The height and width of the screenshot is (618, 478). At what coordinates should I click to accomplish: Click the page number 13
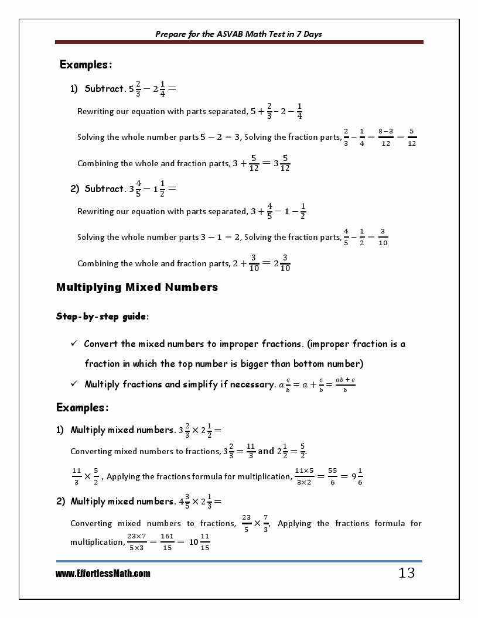pyautogui.click(x=407, y=573)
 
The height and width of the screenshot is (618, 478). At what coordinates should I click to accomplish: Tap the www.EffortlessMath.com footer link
pyautogui.click(x=103, y=574)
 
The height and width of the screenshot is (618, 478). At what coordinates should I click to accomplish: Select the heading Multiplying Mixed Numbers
pyautogui.click(x=137, y=287)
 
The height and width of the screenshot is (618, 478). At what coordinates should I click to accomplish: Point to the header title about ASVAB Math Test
pyautogui.click(x=238, y=34)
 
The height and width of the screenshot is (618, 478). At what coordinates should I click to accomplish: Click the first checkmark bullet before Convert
pyautogui.click(x=74, y=344)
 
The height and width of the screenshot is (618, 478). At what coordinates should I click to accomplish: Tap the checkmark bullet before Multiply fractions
pyautogui.click(x=74, y=384)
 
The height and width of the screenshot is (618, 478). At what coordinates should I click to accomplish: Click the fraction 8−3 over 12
pyautogui.click(x=385, y=137)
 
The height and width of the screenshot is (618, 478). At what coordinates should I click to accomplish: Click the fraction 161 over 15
pyautogui.click(x=168, y=542)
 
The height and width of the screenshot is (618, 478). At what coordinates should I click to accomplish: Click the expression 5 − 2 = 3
pyautogui.click(x=220, y=137)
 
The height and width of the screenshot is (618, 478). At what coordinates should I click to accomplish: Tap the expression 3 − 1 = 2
pyautogui.click(x=220, y=237)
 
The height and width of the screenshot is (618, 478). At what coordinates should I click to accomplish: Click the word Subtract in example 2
pyautogui.click(x=104, y=188)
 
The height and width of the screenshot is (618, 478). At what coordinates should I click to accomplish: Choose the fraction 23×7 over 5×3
pyautogui.click(x=136, y=542)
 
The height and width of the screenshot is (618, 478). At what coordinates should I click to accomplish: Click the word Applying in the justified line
pyautogui.click(x=295, y=523)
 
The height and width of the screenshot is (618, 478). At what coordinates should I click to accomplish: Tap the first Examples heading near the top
pyautogui.click(x=86, y=64)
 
